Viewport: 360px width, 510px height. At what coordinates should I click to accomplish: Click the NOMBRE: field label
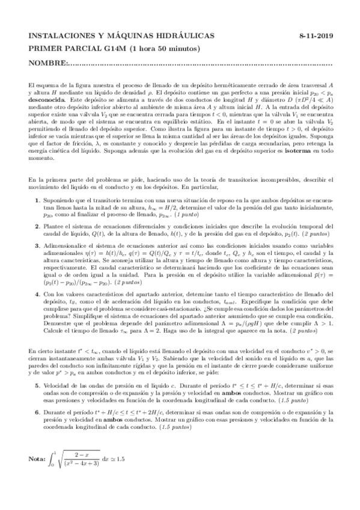(48, 63)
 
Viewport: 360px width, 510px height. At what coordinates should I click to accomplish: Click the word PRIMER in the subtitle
(45, 49)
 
